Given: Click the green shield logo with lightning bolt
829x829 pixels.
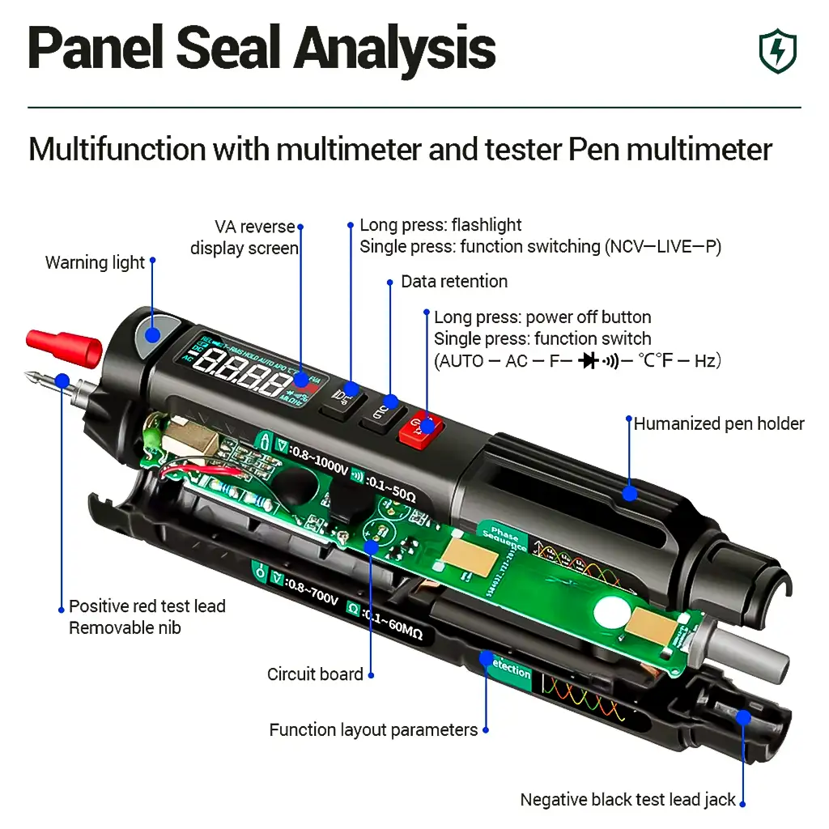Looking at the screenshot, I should [x=777, y=51].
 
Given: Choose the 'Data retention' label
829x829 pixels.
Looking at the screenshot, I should [x=454, y=282].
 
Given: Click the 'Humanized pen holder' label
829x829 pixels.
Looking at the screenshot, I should [x=719, y=423].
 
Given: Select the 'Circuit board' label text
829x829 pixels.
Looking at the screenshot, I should [x=315, y=674].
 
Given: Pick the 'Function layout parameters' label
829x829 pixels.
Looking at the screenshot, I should [x=373, y=730].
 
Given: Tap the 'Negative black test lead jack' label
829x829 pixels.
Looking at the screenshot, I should [x=627, y=800].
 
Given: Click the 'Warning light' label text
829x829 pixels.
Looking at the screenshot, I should [x=95, y=262].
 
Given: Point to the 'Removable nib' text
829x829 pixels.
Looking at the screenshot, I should [x=125, y=627].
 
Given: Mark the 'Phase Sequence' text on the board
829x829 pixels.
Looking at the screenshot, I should [x=507, y=540].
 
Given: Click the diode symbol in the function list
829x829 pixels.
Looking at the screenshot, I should [x=589, y=361].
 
